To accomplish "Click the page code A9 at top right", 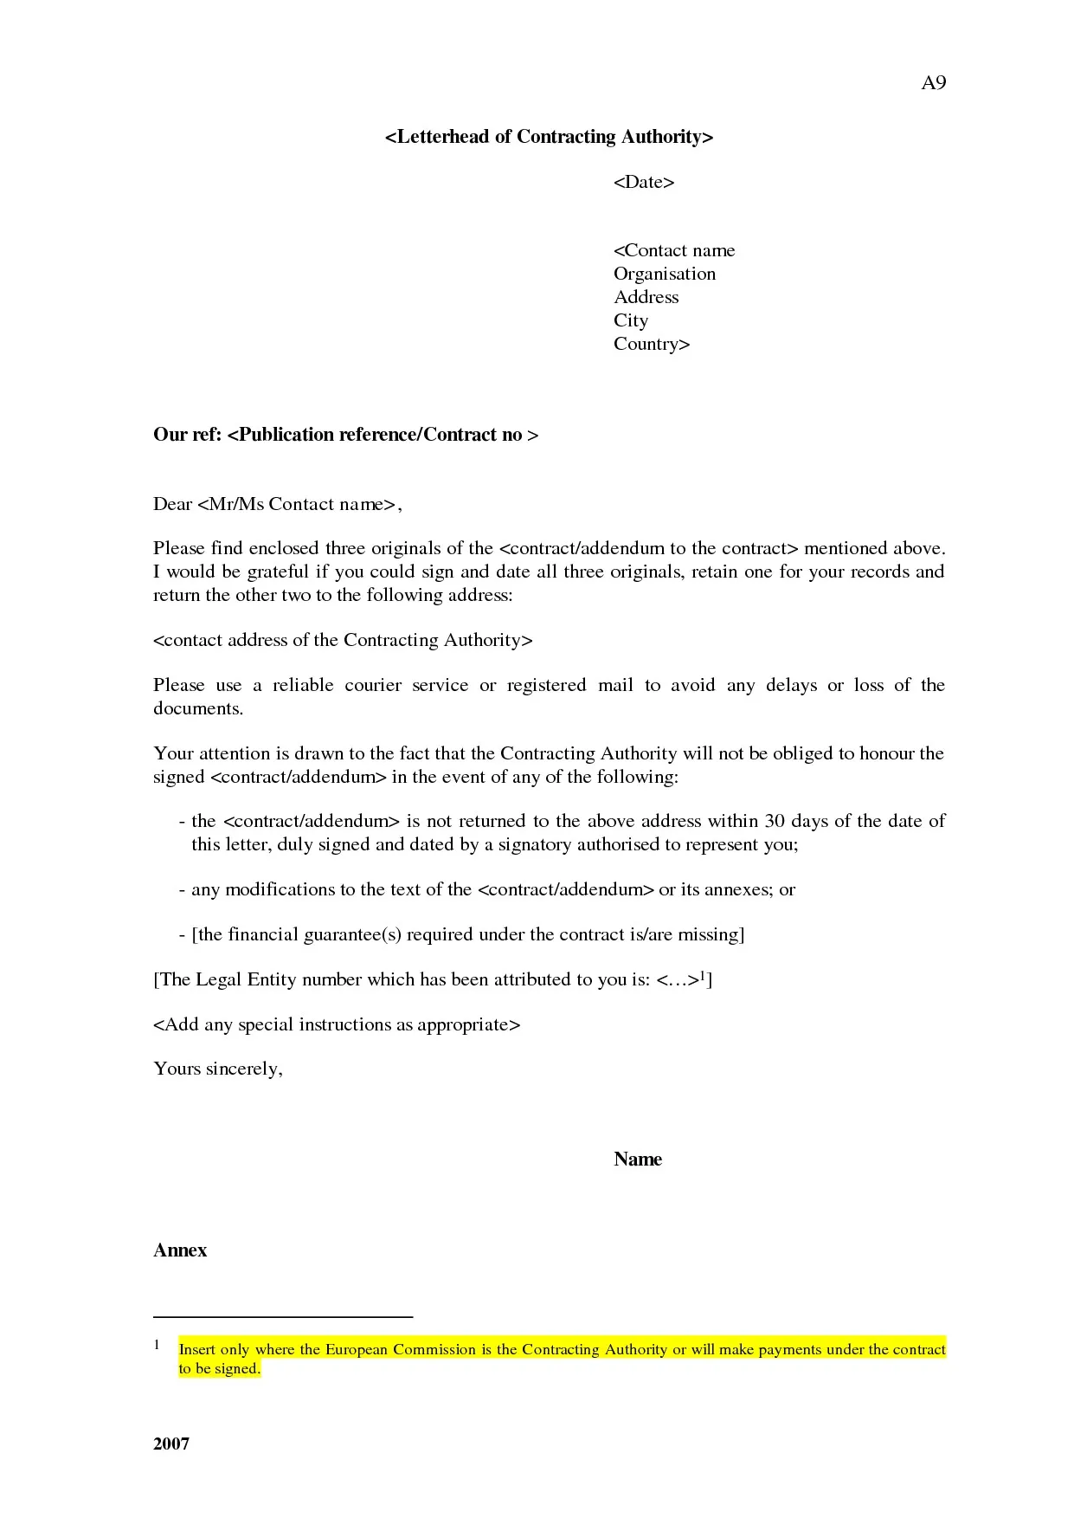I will pyautogui.click(x=933, y=83).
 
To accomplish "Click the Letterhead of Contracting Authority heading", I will pyautogui.click(x=549, y=137).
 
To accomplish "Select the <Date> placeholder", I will pyautogui.click(x=643, y=182).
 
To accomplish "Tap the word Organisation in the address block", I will pyautogui.click(x=664, y=274).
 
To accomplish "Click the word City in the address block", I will pyautogui.click(x=630, y=320).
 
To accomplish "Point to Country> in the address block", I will pyautogui.click(x=651, y=344).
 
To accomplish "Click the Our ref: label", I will pyautogui.click(x=187, y=435).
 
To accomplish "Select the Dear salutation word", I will pyautogui.click(x=172, y=504).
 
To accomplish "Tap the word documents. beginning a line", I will pyautogui.click(x=198, y=708).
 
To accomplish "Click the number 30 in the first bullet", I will pyautogui.click(x=775, y=821).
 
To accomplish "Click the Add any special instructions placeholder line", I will pyautogui.click(x=337, y=1024).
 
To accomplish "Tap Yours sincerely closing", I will pyautogui.click(x=217, y=1069).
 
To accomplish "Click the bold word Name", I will pyautogui.click(x=637, y=1159).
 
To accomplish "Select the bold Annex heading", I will pyautogui.click(x=180, y=1250).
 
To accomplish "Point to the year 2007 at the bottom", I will pyautogui.click(x=171, y=1444).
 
